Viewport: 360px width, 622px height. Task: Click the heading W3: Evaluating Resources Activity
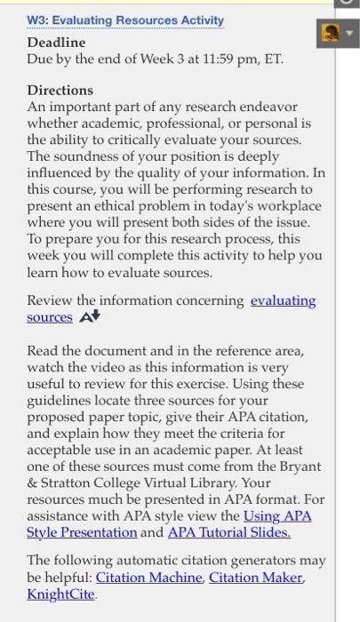point(125,20)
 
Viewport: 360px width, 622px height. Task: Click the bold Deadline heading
point(56,42)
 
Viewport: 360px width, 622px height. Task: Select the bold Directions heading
point(60,90)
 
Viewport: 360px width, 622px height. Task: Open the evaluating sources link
point(283,300)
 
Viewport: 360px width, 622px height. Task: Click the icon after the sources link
point(90,317)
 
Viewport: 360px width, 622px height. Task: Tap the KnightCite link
point(60,594)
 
